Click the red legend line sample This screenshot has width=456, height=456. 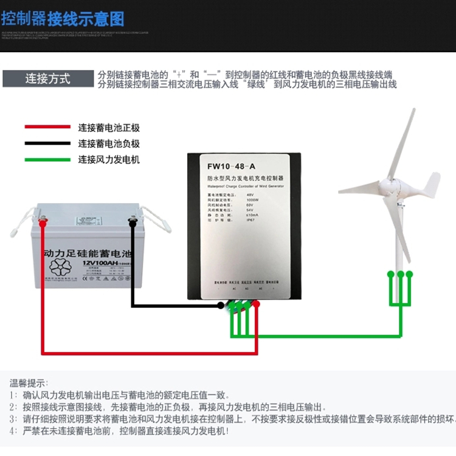(47, 127)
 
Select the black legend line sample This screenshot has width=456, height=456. (47, 143)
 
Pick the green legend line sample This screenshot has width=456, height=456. (47, 160)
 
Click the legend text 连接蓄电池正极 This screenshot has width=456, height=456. (109, 128)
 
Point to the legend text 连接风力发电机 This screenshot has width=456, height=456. (109, 160)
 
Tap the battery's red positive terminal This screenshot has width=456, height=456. (42, 223)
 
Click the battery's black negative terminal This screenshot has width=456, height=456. (132, 222)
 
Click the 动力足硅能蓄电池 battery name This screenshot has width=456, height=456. (88, 251)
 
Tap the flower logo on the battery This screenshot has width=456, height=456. (63, 268)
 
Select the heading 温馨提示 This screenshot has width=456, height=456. (28, 383)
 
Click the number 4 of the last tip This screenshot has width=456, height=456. (12, 431)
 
